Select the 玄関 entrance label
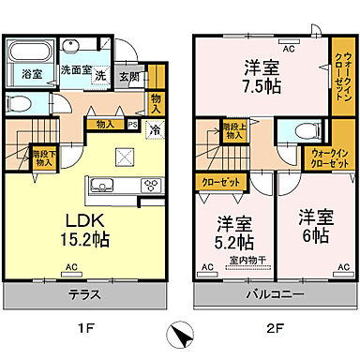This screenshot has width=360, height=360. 129,78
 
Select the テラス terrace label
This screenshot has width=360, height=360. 85,294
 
